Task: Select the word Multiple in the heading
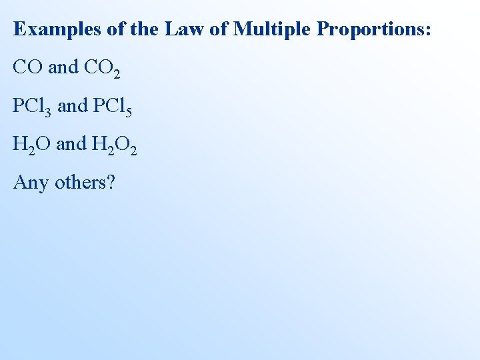pyautogui.click(x=273, y=30)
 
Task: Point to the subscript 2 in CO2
pyautogui.click(x=117, y=73)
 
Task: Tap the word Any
pyautogui.click(x=31, y=182)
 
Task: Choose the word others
pyautogui.click(x=80, y=181)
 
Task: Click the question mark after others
pyautogui.click(x=111, y=181)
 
